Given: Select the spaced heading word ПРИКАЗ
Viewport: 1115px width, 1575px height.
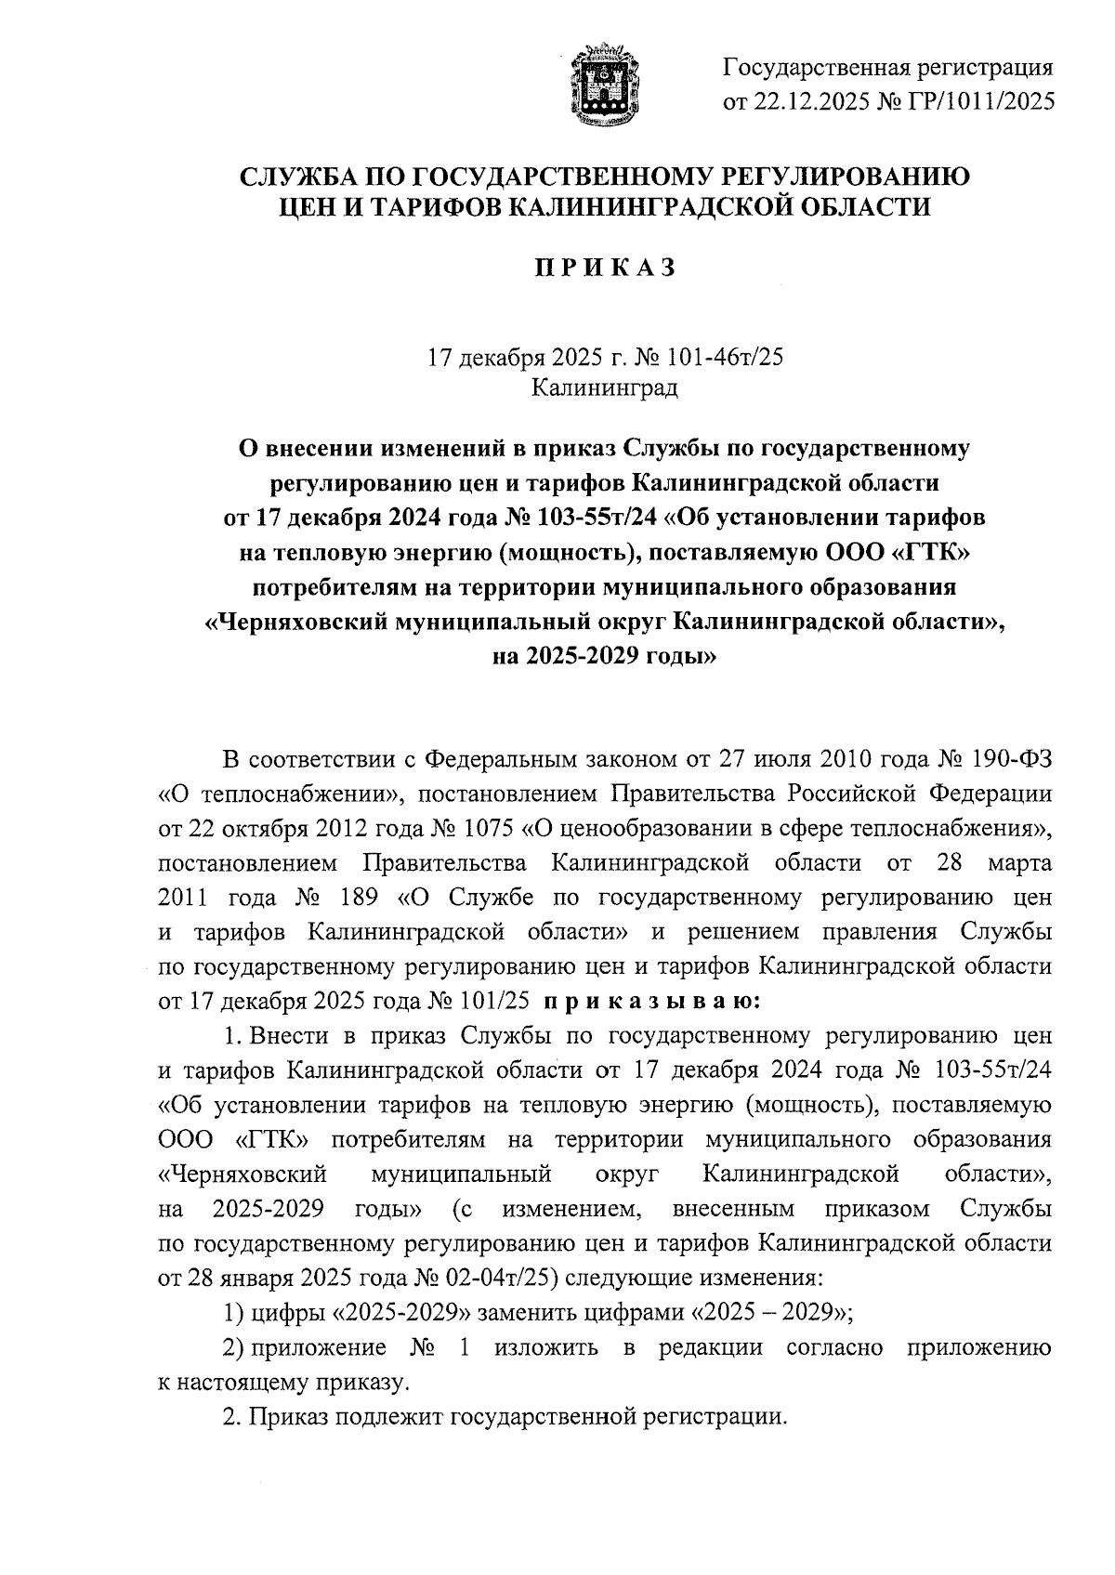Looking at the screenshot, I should pos(604,268).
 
